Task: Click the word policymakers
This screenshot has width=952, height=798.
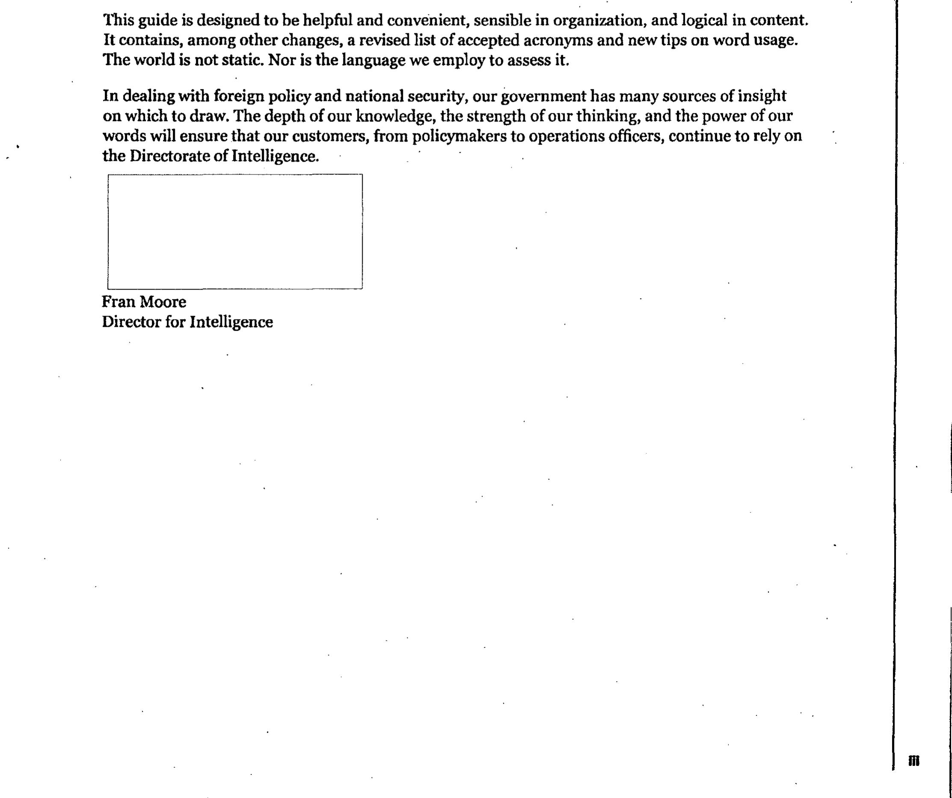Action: [x=459, y=136]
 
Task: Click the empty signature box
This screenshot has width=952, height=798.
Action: [x=235, y=231]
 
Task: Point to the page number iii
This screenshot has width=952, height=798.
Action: [x=914, y=760]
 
